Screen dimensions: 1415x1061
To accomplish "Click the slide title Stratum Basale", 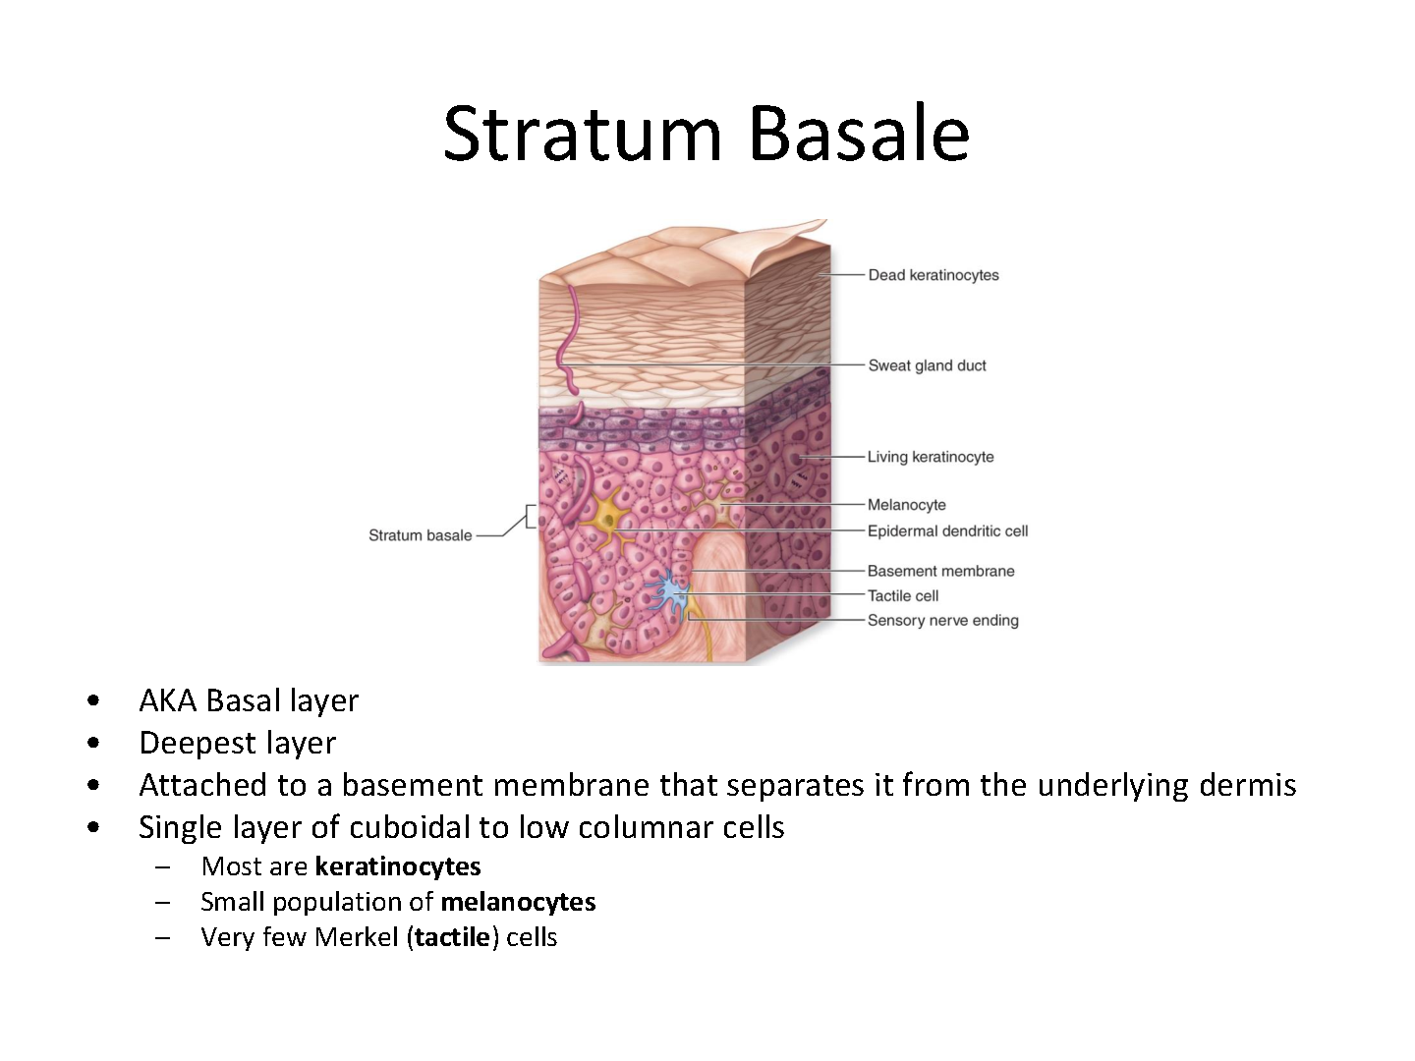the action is click(x=707, y=135).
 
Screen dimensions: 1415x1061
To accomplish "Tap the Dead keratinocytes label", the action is click(x=934, y=275).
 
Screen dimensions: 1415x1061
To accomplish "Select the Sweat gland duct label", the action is click(x=927, y=365).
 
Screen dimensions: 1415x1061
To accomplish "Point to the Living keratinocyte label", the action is click(x=931, y=457).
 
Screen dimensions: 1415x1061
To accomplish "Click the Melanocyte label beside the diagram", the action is click(x=906, y=504).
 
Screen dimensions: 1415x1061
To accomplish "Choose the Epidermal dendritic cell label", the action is click(x=947, y=530).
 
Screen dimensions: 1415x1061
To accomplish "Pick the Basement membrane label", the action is click(x=940, y=571).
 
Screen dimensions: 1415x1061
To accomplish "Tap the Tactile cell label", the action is click(x=902, y=596).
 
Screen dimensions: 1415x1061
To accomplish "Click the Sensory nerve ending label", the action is click(x=942, y=620).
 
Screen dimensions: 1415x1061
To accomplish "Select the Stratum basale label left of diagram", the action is click(x=421, y=535).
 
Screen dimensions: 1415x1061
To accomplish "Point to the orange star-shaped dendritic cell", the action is click(x=607, y=520).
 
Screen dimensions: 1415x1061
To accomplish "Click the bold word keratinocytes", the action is click(x=398, y=867).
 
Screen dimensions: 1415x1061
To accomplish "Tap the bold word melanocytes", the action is click(x=518, y=903).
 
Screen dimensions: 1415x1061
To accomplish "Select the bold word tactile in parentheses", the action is click(x=453, y=937).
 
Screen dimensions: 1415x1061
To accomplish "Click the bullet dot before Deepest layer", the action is click(x=93, y=744).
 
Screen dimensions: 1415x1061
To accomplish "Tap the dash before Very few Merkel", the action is click(x=163, y=938).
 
